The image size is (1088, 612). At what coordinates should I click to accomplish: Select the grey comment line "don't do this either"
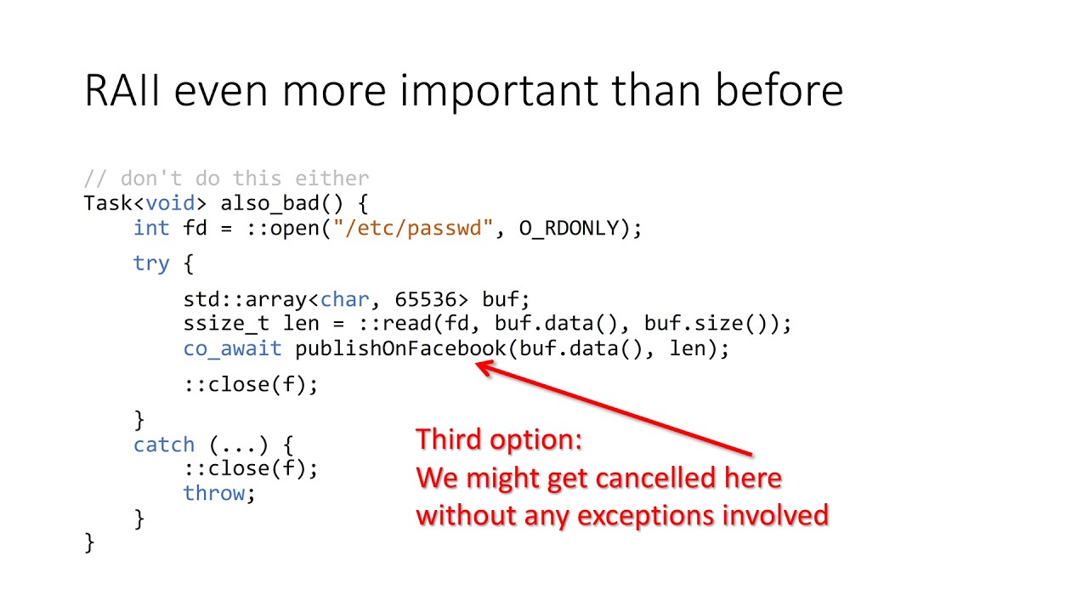tap(226, 178)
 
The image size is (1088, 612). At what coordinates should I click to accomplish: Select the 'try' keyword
tap(151, 263)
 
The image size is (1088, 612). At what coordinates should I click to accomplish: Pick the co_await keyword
tap(232, 348)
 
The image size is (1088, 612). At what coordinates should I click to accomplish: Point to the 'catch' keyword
tap(164, 445)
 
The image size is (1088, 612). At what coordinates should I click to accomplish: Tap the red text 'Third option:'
tap(499, 439)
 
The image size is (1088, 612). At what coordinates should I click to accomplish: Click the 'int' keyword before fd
tap(151, 228)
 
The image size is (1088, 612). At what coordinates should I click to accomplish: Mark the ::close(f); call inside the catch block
tap(251, 468)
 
